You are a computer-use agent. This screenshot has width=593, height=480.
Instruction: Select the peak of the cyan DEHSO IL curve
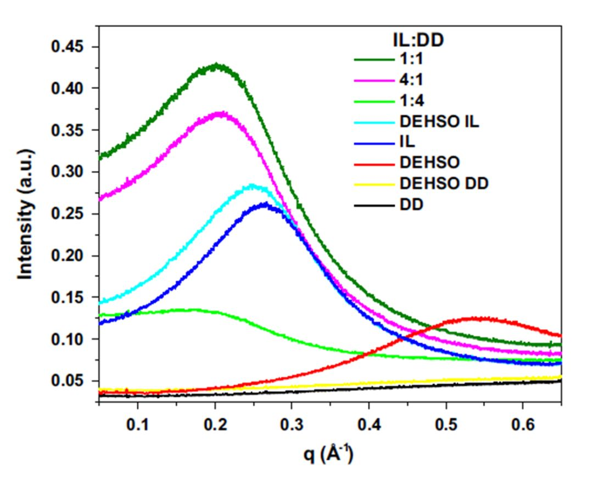pyautogui.click(x=252, y=186)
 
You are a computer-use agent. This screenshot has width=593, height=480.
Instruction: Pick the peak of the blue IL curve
pyautogui.click(x=265, y=205)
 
